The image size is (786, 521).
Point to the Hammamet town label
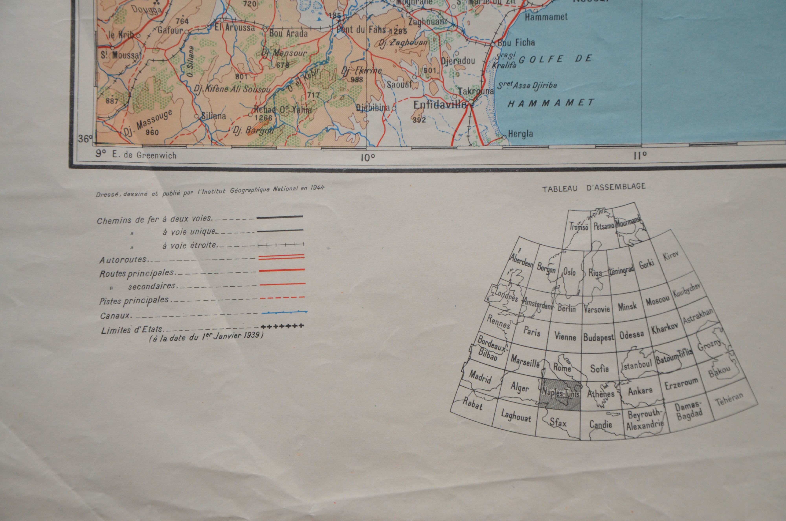click(546, 17)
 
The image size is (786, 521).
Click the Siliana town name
click(214, 116)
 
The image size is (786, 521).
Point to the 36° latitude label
click(85, 138)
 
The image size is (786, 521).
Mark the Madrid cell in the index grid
click(480, 377)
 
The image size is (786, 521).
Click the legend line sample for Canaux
click(285, 312)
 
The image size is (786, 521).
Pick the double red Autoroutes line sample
click(281, 256)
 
